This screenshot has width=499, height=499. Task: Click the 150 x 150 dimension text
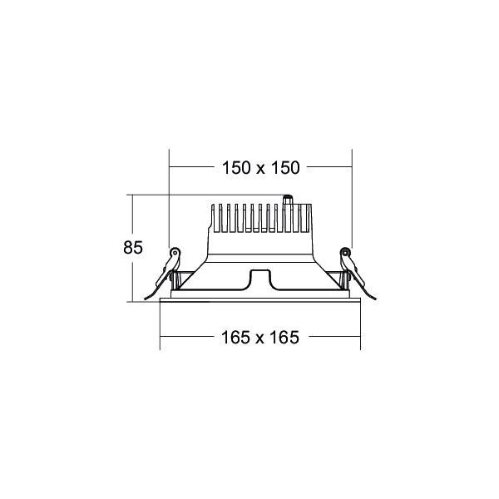260,167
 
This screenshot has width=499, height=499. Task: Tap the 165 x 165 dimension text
260,338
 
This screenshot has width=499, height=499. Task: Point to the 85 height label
132,248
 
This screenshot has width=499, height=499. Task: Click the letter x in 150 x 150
260,168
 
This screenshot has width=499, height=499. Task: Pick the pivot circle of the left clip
175,253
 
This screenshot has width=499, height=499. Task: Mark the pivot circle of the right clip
345,253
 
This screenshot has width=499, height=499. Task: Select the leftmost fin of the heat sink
214,218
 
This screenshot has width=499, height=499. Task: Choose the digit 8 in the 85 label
127,248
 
